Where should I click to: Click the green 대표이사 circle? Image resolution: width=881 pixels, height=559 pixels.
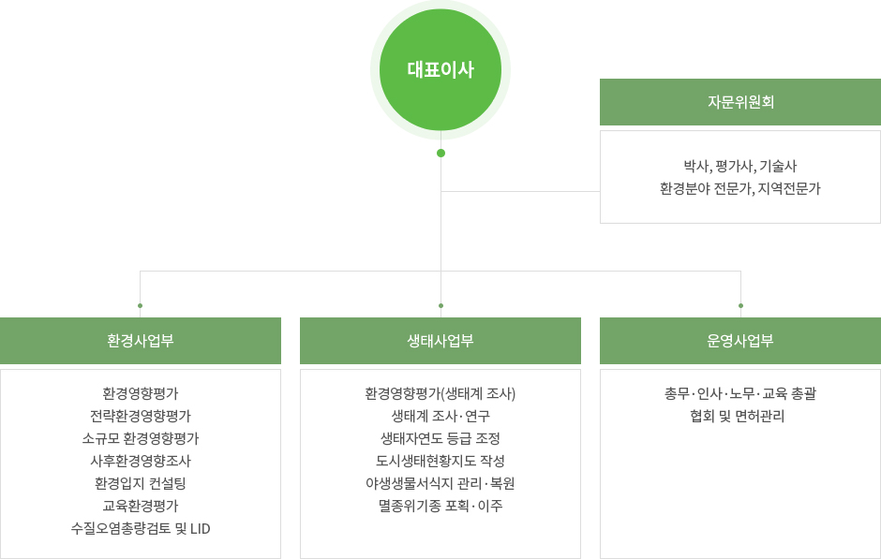point(440,69)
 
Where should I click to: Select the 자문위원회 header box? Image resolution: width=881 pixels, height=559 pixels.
point(740,102)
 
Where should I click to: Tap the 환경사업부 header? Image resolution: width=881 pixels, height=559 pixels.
point(141,341)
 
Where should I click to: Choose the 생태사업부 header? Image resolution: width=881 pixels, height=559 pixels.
point(440,341)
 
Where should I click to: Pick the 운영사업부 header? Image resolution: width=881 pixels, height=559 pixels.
point(740,341)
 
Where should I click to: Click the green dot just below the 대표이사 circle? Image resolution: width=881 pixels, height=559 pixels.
point(441,154)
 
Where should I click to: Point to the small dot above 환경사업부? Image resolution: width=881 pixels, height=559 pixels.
point(140,306)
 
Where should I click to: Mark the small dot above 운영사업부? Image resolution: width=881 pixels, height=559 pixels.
point(740,306)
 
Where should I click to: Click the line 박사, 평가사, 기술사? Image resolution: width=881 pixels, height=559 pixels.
point(740,166)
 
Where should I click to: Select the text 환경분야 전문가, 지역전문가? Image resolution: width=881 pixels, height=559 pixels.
point(740,188)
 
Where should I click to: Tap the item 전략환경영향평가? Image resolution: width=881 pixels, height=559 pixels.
point(141,416)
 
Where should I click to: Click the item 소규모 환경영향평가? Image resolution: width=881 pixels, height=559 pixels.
point(141,438)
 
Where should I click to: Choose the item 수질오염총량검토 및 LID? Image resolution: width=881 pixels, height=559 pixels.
point(141,528)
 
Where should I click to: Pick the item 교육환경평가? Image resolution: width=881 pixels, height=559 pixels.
point(141,506)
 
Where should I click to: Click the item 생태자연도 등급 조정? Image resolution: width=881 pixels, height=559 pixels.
point(440,438)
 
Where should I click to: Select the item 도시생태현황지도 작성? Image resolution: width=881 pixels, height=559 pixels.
point(440,461)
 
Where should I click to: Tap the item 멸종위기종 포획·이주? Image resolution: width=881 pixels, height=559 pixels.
point(440,506)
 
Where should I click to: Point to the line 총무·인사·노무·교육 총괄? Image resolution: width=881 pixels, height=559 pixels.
point(740,393)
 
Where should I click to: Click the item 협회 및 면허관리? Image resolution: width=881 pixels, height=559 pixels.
point(738,416)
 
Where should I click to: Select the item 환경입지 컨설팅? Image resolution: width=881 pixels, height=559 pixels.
point(141,483)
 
